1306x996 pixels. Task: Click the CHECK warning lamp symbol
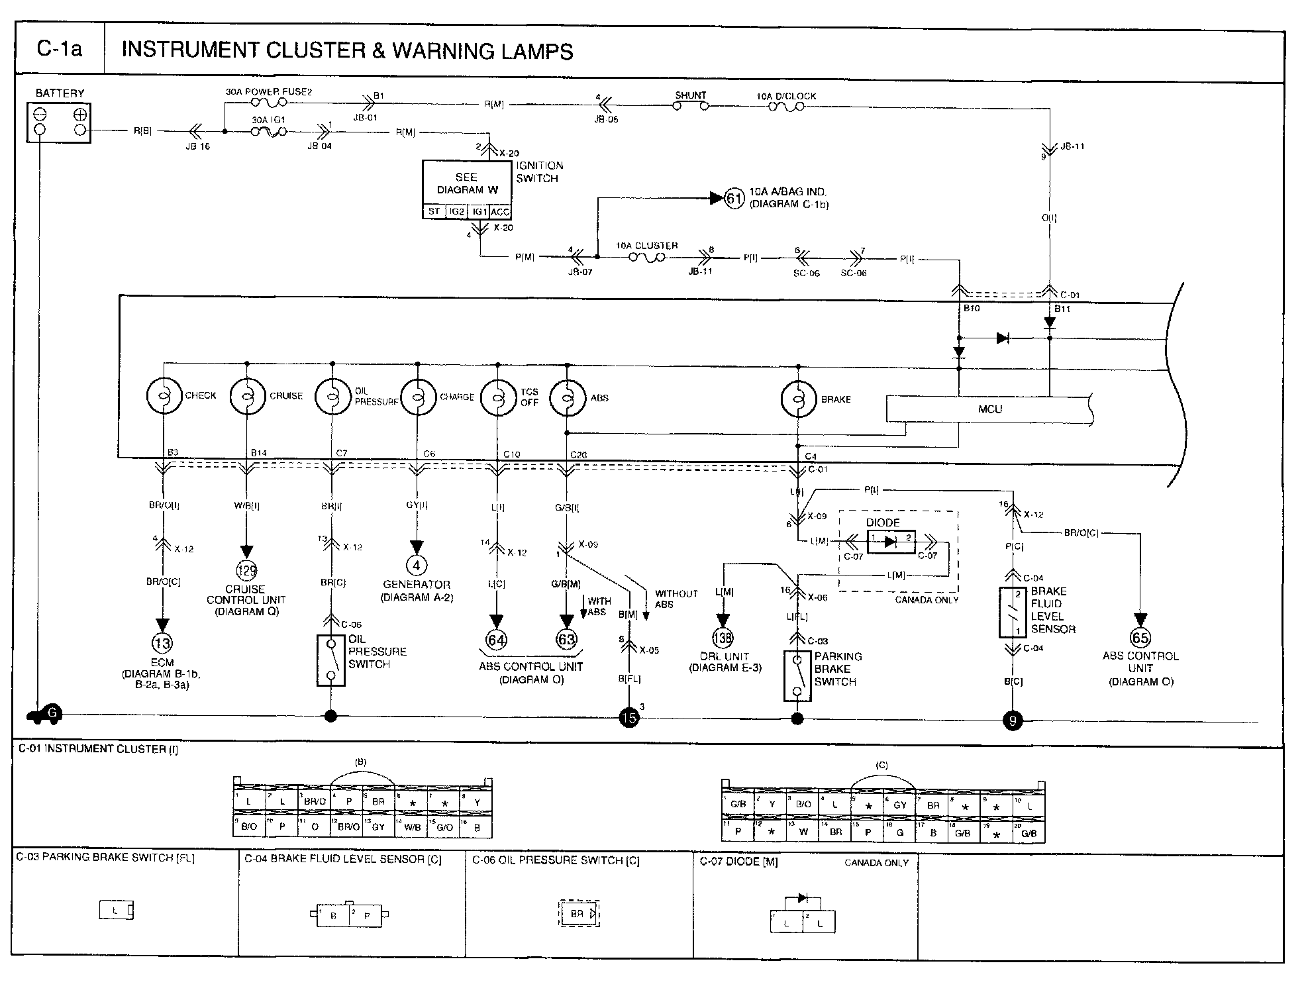pyautogui.click(x=164, y=396)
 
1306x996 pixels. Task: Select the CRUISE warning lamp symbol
pyautogui.click(x=248, y=396)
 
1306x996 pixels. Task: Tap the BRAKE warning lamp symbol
pyautogui.click(x=799, y=399)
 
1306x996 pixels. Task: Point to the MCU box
pyautogui.click(x=989, y=409)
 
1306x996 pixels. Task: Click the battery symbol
pyautogui.click(x=59, y=123)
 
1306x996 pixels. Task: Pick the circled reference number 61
pyautogui.click(x=734, y=198)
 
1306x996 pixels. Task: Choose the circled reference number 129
pyautogui.click(x=246, y=570)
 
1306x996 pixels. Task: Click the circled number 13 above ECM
pyautogui.click(x=162, y=642)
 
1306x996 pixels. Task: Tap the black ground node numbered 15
pyautogui.click(x=628, y=717)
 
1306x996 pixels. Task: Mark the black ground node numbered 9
pyautogui.click(x=1013, y=720)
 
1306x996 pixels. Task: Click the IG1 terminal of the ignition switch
pyautogui.click(x=478, y=212)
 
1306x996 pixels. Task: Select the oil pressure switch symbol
pyautogui.click(x=331, y=660)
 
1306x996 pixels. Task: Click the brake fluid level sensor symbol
pyautogui.click(x=1013, y=613)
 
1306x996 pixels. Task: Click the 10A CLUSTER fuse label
pyautogui.click(x=647, y=246)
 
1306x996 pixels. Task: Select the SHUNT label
pyautogui.click(x=690, y=95)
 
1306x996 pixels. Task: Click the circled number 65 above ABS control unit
pyautogui.click(x=1140, y=638)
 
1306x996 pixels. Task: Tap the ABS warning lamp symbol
pyautogui.click(x=568, y=398)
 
